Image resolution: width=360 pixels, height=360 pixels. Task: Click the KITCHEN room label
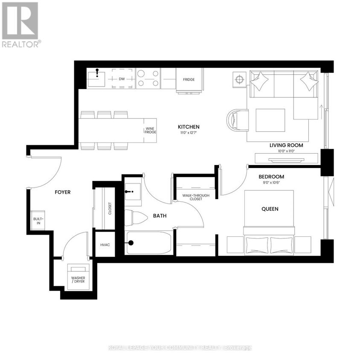(189, 127)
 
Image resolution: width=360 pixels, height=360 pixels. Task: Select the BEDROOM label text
(271, 177)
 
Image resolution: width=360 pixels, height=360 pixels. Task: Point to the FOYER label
(62, 192)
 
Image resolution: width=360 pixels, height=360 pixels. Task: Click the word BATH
(160, 216)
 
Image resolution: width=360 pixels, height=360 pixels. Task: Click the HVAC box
(105, 245)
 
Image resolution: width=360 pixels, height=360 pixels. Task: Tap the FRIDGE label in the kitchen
(189, 80)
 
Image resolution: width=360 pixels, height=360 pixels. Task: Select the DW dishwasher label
(122, 79)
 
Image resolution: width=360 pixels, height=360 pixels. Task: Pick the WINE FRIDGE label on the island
(150, 131)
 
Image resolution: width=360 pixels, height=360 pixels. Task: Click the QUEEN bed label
(270, 209)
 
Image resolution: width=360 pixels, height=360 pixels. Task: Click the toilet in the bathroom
(136, 218)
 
